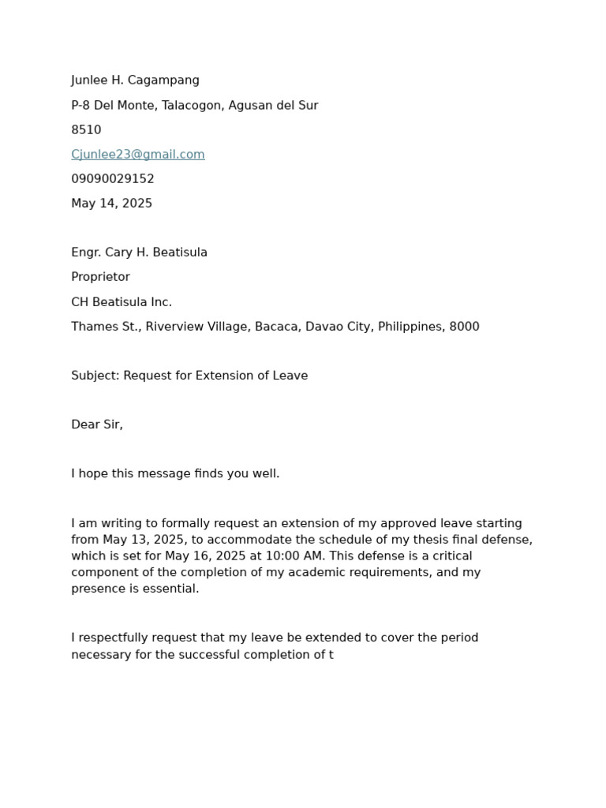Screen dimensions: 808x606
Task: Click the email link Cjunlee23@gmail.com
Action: (138, 155)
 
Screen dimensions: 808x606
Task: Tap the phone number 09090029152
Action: (113, 179)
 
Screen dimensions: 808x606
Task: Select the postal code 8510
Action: (86, 130)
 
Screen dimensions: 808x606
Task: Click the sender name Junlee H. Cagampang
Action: (135, 80)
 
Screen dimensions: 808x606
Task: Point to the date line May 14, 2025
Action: (111, 204)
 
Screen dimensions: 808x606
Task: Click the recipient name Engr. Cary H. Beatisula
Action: (139, 252)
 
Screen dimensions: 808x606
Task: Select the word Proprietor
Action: (100, 277)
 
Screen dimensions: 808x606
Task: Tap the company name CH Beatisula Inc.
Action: (122, 302)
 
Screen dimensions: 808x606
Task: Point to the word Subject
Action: (95, 376)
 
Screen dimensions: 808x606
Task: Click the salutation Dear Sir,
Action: (97, 425)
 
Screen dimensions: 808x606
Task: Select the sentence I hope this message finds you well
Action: (175, 473)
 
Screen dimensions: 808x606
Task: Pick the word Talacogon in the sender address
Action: (191, 106)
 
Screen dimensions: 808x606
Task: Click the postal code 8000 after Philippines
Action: (464, 327)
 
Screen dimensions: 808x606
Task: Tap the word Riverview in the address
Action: (173, 327)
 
